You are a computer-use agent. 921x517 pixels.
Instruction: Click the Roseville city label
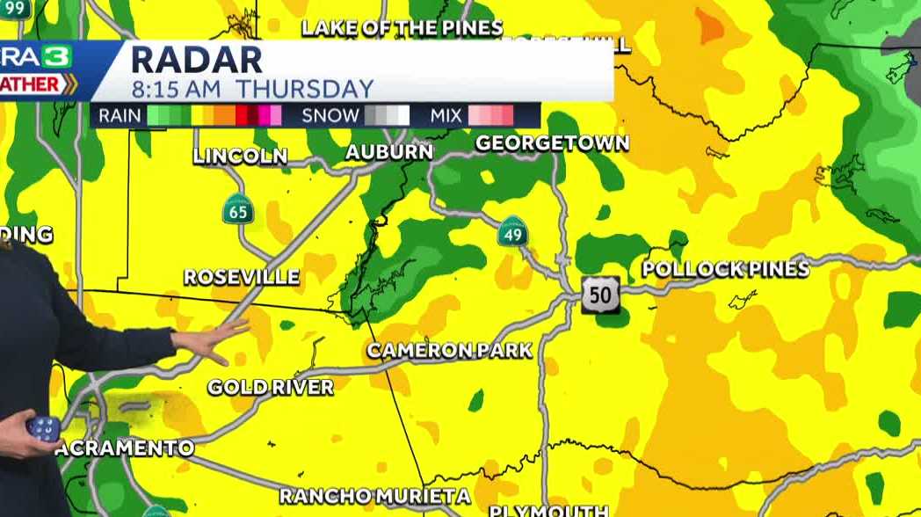242,277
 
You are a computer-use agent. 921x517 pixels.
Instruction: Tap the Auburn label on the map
388,152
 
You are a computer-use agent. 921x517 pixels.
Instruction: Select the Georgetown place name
552,142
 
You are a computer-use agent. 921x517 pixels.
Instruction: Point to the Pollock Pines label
725,269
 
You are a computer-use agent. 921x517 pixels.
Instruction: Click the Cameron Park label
449,350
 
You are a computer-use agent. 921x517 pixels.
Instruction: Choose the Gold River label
271,387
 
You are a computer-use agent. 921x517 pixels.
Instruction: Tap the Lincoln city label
240,157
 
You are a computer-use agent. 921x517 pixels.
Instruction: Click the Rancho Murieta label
374,497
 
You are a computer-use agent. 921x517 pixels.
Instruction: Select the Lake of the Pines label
402,27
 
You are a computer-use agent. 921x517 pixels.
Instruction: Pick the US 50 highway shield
600,295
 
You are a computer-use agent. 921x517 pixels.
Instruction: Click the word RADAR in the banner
197,61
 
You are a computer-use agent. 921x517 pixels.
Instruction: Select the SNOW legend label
330,115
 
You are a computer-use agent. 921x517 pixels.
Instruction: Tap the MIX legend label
446,115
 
